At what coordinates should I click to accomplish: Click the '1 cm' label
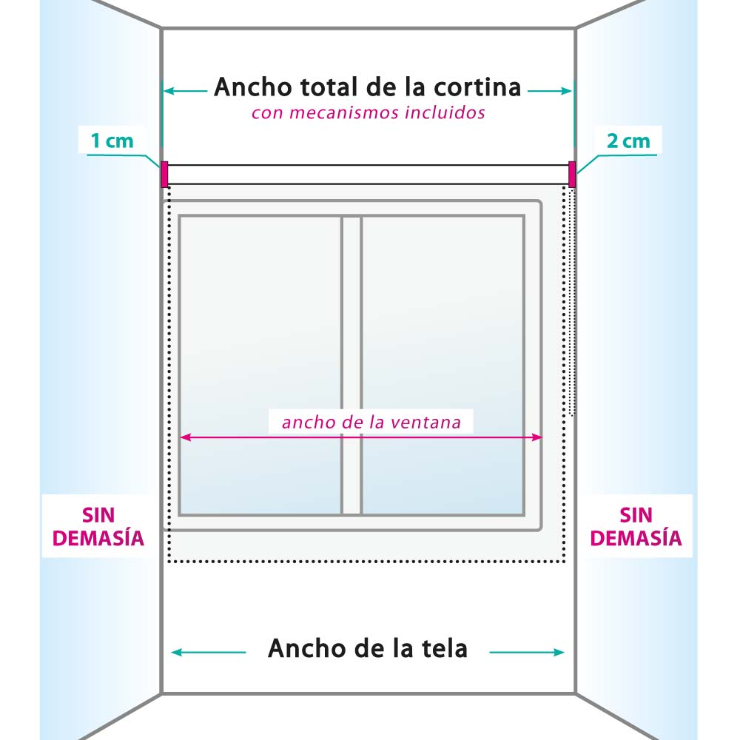(x=112, y=141)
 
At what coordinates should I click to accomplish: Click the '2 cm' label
(x=628, y=141)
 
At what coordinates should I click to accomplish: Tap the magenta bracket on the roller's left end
(x=164, y=174)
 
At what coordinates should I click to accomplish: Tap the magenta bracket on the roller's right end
(x=572, y=174)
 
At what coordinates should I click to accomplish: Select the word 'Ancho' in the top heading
(x=253, y=87)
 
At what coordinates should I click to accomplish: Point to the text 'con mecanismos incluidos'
(x=368, y=112)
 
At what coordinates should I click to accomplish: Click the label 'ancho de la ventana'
(x=371, y=422)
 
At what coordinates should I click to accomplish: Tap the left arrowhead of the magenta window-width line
(x=184, y=437)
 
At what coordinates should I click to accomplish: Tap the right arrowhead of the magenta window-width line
(x=537, y=437)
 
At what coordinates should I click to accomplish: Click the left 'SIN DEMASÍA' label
(x=98, y=526)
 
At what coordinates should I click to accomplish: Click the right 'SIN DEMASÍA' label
(x=636, y=526)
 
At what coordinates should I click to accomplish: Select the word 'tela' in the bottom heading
(x=444, y=648)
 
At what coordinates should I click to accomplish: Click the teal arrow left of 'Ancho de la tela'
(x=208, y=652)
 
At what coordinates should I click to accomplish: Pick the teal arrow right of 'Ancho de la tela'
(x=527, y=652)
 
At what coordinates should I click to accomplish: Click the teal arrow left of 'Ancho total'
(x=186, y=90)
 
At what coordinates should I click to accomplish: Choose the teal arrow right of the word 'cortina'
(x=550, y=90)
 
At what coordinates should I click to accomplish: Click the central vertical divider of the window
(x=351, y=365)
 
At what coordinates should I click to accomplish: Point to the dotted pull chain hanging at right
(x=572, y=302)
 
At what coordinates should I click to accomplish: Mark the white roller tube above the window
(x=368, y=175)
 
